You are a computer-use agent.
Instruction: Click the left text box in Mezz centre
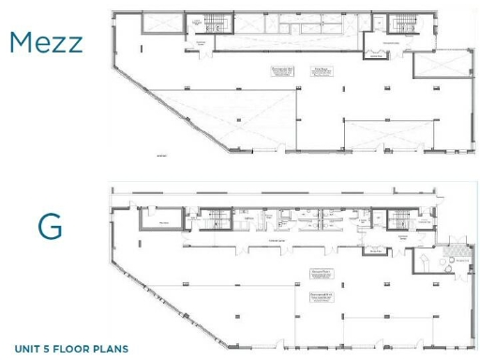coord(283,71)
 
